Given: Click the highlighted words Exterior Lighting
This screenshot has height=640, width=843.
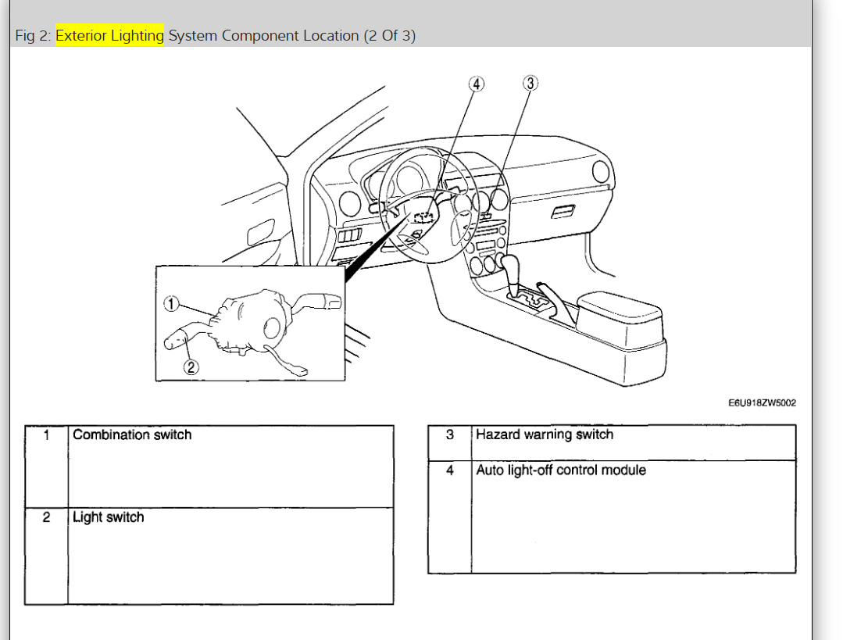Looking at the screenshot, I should (109, 36).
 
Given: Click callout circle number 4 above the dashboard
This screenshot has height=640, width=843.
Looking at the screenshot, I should (476, 84).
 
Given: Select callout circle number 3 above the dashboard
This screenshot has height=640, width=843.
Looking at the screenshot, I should (530, 84).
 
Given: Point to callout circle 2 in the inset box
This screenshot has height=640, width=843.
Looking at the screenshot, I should (191, 366).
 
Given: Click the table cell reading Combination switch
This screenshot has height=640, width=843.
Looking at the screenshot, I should (132, 435).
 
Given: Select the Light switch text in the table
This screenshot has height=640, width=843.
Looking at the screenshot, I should (109, 517).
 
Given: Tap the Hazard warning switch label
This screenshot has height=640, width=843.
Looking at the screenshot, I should (545, 435).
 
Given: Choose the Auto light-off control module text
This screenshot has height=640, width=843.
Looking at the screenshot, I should (561, 470).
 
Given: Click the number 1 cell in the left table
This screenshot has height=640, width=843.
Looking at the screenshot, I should (46, 435).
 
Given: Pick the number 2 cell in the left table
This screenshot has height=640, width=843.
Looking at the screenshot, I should (46, 517).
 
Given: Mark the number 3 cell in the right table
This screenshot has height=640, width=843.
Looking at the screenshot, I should (449, 435).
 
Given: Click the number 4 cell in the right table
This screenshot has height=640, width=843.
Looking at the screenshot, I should (449, 470).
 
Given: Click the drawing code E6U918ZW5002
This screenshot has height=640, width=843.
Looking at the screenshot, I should (762, 403).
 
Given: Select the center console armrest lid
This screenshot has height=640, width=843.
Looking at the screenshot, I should (618, 306).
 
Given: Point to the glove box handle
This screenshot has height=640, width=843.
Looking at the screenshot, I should (563, 212).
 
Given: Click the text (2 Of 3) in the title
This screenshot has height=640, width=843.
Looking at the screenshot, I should (389, 36).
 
